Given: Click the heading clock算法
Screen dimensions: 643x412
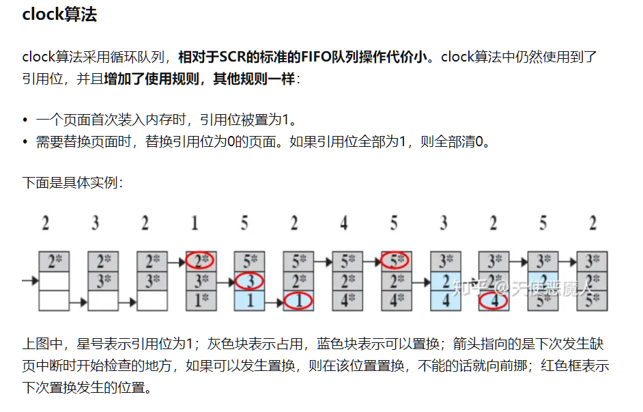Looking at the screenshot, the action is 59,15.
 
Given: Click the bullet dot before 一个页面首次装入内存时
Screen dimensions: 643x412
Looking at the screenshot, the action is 25,120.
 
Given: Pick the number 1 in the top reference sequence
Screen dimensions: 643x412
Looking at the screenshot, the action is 195,223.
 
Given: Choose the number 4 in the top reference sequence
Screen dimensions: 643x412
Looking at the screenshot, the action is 344,223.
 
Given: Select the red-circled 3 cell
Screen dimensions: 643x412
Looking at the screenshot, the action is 250,281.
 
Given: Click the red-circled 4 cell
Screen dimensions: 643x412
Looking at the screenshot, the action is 494,300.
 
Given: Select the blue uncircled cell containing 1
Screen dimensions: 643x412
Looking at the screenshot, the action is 250,300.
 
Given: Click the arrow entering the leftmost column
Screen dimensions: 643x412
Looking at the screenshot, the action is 29,280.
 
